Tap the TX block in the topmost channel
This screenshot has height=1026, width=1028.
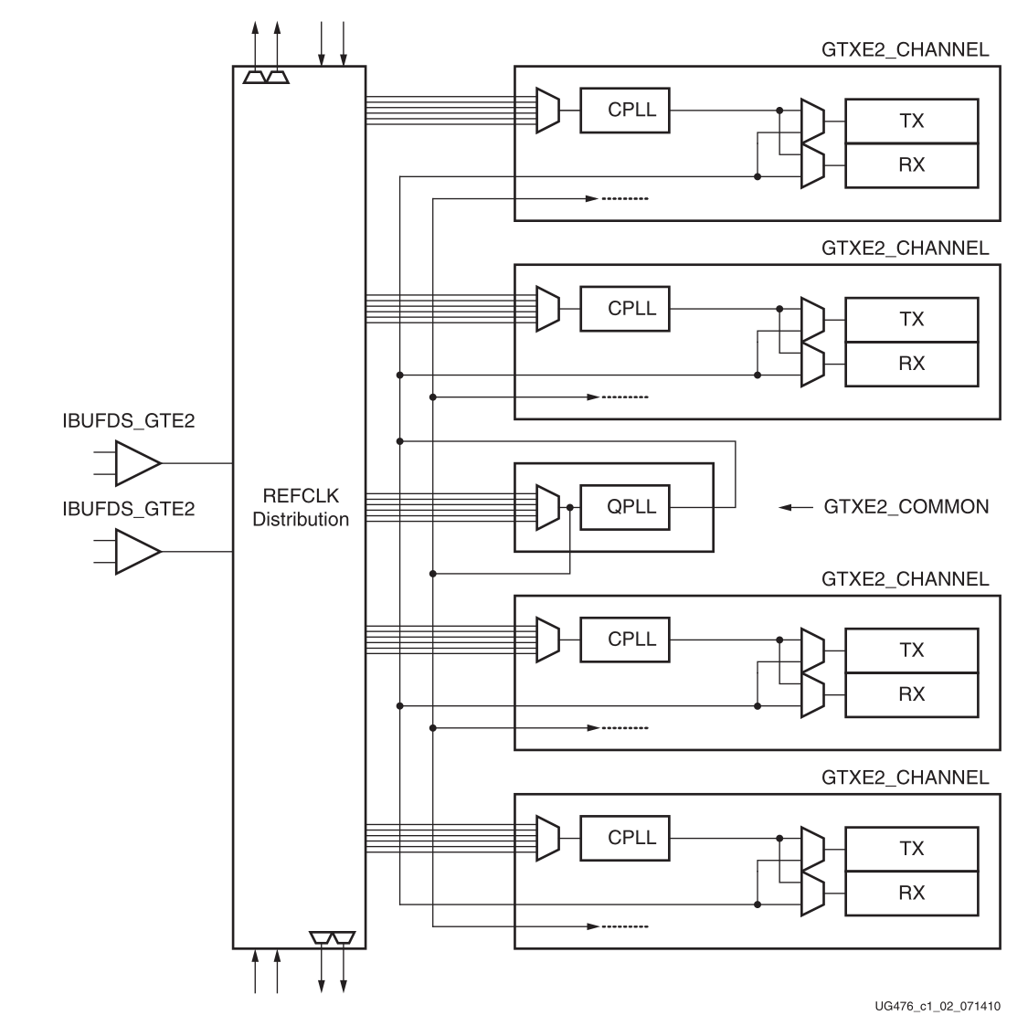tap(911, 121)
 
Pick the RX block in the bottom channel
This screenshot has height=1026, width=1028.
tap(911, 893)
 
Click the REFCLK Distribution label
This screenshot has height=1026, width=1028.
tap(301, 508)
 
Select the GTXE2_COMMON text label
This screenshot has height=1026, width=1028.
tap(906, 506)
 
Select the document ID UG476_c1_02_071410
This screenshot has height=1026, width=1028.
tap(938, 1006)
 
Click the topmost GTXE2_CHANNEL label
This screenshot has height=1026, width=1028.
tap(905, 49)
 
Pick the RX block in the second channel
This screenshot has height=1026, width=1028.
tap(911, 364)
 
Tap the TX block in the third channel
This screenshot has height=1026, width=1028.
tap(911, 650)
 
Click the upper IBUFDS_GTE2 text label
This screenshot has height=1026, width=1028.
tap(128, 422)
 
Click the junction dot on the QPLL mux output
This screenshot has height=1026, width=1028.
tap(570, 507)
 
